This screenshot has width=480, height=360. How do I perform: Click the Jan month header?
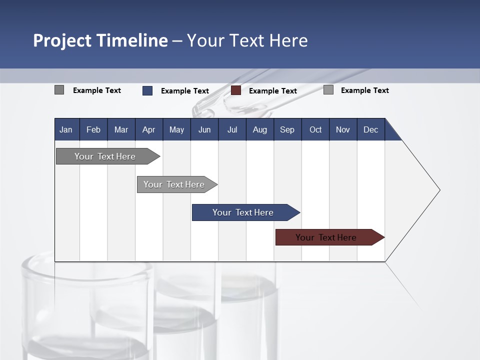pos(66,129)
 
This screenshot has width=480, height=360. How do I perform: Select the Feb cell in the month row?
pos(93,129)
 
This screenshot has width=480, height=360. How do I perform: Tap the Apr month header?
pos(148,129)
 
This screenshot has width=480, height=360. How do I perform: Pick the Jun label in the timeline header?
pos(204,129)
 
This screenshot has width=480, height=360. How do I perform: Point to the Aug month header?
pos(259,129)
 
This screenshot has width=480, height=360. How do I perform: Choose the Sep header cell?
pos(287,129)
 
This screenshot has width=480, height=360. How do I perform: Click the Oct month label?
pos(315,129)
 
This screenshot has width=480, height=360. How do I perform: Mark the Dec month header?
pos(370,129)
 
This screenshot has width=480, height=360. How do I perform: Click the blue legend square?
pos(147,90)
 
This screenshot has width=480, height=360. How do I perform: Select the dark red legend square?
pos(236,90)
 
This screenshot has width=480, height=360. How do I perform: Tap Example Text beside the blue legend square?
pos(184,91)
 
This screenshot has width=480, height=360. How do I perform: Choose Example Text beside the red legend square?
pos(272,91)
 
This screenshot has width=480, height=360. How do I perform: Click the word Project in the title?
pos(62,40)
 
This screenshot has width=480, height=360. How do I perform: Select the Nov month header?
pos(342,129)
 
